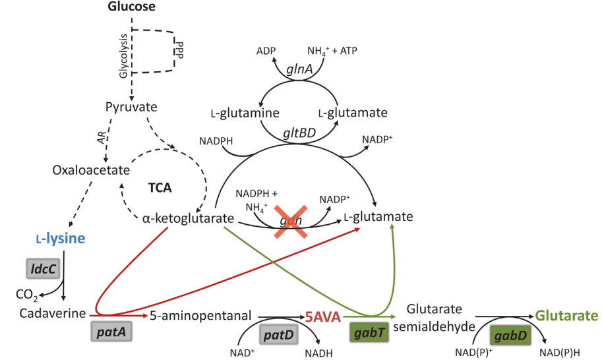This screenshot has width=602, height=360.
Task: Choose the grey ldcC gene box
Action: click(x=43, y=269)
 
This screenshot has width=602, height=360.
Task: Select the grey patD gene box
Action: click(x=278, y=334)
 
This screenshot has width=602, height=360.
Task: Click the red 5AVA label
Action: click(x=321, y=317)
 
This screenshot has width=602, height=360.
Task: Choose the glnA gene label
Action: click(x=299, y=69)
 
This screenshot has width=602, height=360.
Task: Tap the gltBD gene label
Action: click(x=299, y=132)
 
